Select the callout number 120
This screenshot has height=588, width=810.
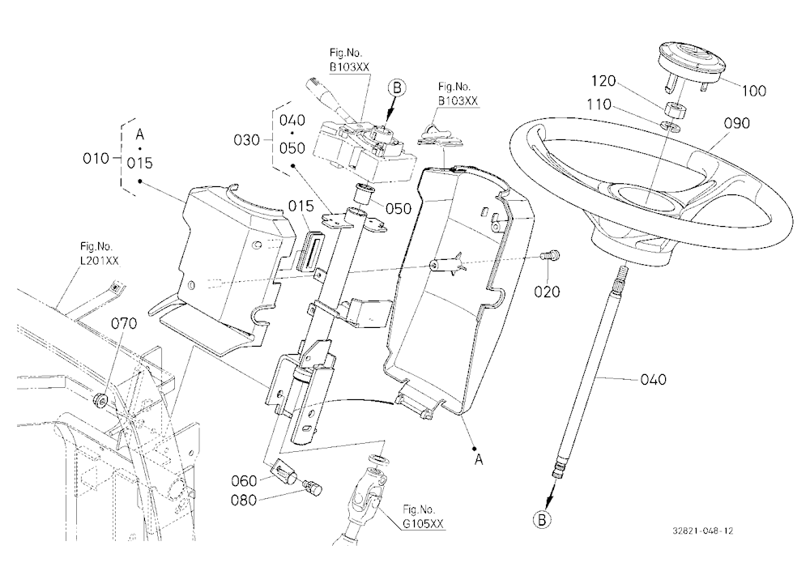coord(603,81)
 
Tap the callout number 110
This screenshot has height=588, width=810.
coord(599,105)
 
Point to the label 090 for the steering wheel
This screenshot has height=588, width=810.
coord(736,123)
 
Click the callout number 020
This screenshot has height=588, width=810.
coord(547,292)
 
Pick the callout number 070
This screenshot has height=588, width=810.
coord(125,323)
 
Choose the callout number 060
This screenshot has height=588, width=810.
coord(244,481)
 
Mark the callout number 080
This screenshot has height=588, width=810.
coord(244,501)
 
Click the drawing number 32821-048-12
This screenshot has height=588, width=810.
coord(702,530)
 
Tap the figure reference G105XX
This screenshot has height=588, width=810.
coord(423,524)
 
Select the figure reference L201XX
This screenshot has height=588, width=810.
coord(99,261)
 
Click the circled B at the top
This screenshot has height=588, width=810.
coord(397,87)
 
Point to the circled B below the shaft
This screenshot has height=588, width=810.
coord(542,519)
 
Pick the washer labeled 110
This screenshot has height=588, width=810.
coord(671,125)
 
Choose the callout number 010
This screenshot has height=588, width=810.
coord(96,158)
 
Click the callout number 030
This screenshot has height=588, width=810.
coord(247,140)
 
